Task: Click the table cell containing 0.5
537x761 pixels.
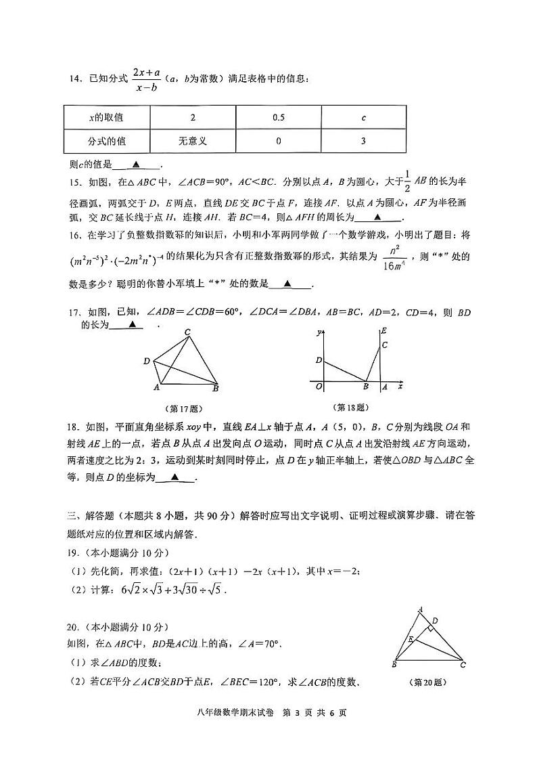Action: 278,118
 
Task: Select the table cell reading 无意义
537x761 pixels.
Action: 193,142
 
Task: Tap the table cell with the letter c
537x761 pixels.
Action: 363,118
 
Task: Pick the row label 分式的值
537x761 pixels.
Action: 107,142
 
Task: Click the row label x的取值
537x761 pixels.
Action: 107,118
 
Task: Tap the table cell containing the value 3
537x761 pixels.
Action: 363,142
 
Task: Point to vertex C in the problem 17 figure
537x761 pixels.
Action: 187,331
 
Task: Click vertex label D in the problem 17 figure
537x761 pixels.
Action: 146,362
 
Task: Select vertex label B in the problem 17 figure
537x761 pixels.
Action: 216,389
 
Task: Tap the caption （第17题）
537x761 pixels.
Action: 183,408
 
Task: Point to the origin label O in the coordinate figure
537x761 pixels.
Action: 319,387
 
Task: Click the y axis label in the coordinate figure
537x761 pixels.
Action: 318,332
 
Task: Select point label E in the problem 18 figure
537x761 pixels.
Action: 383,331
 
